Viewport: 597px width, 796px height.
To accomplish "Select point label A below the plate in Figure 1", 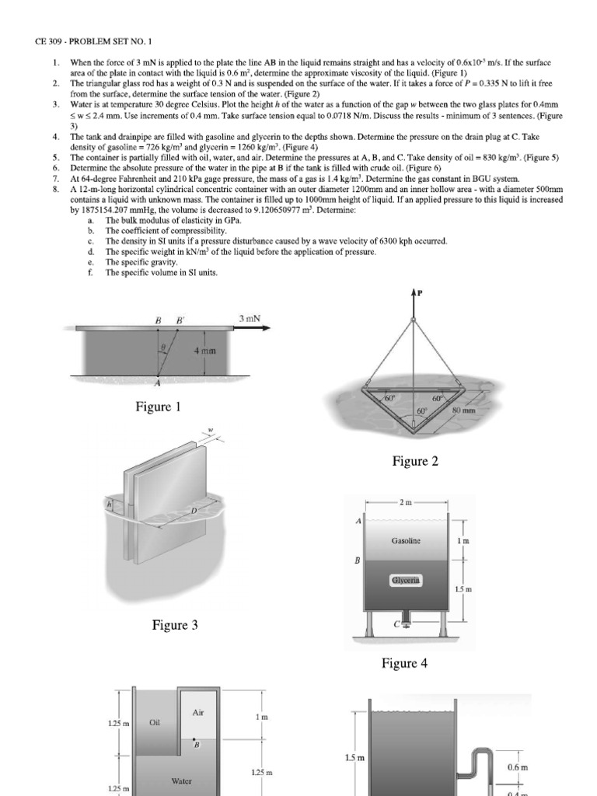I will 159,383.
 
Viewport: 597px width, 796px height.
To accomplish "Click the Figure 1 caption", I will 159,407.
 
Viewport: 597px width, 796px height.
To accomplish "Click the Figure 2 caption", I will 414,462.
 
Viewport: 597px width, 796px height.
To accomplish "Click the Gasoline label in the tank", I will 407,540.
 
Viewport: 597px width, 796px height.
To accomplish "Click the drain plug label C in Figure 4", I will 396,624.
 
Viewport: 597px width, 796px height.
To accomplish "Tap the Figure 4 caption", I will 403,663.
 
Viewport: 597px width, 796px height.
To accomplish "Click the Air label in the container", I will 197,712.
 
